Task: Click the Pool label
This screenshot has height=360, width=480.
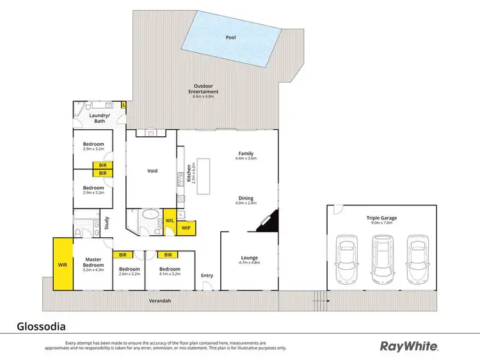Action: (230, 37)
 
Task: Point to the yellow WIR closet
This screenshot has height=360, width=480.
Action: (63, 263)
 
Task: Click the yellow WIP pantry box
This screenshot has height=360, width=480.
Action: (186, 228)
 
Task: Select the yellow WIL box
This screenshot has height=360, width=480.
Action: (170, 221)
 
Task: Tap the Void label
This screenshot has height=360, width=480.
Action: (152, 171)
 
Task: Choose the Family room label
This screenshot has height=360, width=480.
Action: (246, 153)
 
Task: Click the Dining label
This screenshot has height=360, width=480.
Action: (246, 199)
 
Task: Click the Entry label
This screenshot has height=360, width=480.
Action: (207, 276)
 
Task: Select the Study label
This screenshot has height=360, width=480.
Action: (108, 223)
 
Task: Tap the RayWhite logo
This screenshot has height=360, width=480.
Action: (410, 346)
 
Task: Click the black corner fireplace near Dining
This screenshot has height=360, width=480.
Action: (270, 221)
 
